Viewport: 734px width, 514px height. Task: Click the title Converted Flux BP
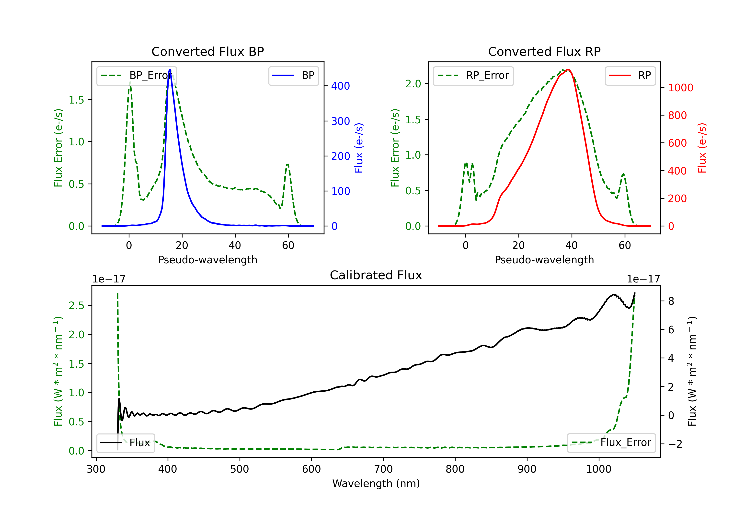click(207, 51)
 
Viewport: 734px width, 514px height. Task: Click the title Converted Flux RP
click(544, 51)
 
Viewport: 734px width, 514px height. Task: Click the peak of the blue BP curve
click(170, 70)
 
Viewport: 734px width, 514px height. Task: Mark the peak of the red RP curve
click(568, 70)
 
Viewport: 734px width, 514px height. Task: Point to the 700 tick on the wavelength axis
click(383, 469)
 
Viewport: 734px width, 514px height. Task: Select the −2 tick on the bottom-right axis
click(675, 444)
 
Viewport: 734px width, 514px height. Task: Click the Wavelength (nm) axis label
click(376, 483)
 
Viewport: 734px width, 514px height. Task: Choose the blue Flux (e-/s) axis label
click(359, 148)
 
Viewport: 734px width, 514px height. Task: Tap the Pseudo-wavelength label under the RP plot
click(544, 260)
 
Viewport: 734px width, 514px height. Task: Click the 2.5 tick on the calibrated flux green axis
click(76, 305)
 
